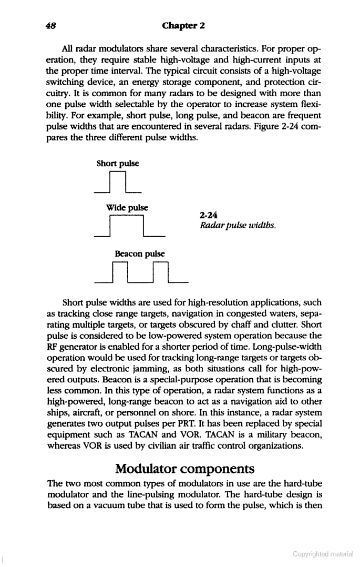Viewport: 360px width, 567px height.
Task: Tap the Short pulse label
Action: [118, 164]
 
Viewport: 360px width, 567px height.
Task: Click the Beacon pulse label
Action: [139, 253]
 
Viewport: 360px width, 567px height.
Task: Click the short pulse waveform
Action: [118, 182]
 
